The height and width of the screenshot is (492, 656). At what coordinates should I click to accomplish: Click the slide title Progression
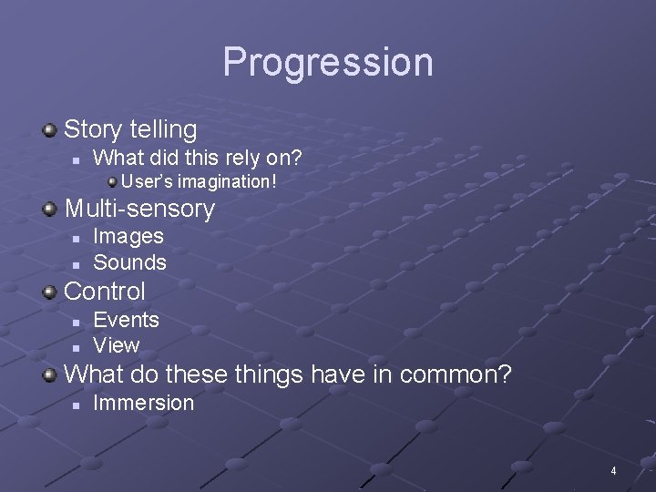click(x=328, y=62)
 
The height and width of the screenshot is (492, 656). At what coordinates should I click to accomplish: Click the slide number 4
click(x=613, y=471)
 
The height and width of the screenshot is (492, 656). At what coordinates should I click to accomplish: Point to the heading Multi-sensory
click(x=139, y=209)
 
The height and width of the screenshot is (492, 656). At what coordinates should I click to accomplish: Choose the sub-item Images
click(x=128, y=236)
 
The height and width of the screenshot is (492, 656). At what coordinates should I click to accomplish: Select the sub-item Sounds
click(x=130, y=262)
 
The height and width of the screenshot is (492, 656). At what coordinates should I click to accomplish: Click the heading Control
click(x=105, y=292)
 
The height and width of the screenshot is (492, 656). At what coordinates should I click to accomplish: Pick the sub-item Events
click(x=127, y=320)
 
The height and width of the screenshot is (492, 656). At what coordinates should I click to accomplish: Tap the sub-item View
click(x=117, y=345)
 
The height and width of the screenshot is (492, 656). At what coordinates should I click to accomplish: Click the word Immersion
click(x=144, y=403)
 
